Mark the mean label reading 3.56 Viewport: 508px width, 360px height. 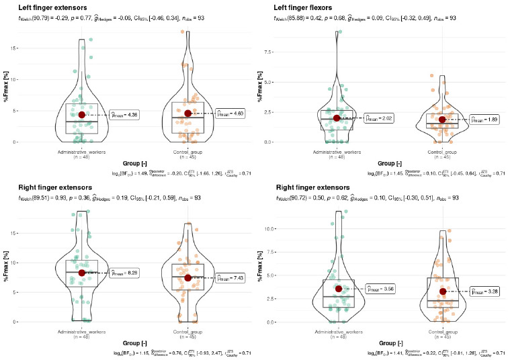click(x=378, y=289)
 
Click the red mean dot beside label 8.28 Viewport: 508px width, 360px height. click(x=82, y=273)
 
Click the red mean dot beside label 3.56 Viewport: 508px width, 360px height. click(x=337, y=289)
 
